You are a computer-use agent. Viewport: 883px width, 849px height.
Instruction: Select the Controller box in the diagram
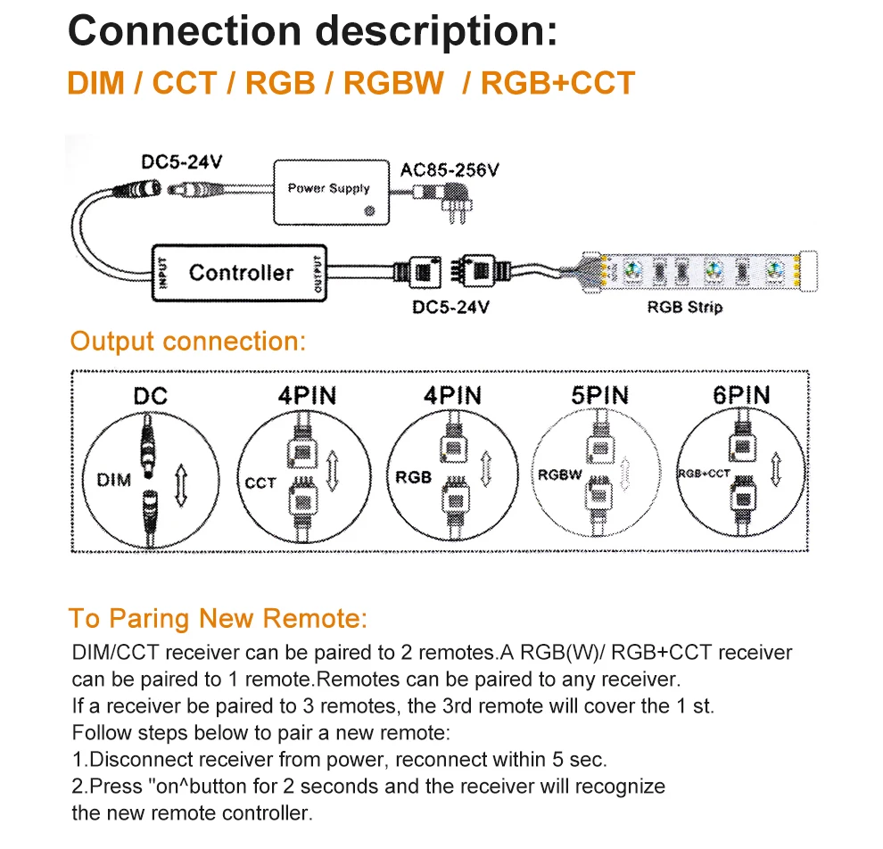pos(241,273)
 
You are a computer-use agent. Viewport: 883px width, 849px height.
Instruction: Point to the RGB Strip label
pos(685,308)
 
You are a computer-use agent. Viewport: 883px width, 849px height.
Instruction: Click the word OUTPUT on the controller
pos(318,272)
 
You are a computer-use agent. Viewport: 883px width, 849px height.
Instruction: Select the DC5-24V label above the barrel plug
pos(181,162)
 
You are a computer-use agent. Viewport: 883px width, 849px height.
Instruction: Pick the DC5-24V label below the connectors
pos(450,308)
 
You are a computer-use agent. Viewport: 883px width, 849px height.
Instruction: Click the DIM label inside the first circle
pos(113,480)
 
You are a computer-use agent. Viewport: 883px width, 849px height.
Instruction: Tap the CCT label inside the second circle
pos(260,483)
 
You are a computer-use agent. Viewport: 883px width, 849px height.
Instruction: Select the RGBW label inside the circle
pos(559,475)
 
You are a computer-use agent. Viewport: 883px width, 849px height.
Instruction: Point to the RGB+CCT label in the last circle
pos(704,474)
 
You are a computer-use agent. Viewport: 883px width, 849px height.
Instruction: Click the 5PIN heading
pos(599,395)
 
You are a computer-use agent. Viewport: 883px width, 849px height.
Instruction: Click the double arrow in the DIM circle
pos(180,483)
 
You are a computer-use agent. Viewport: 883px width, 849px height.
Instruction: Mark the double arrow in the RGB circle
pos(487,470)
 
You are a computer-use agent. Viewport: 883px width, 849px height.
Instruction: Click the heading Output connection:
pos(187,342)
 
